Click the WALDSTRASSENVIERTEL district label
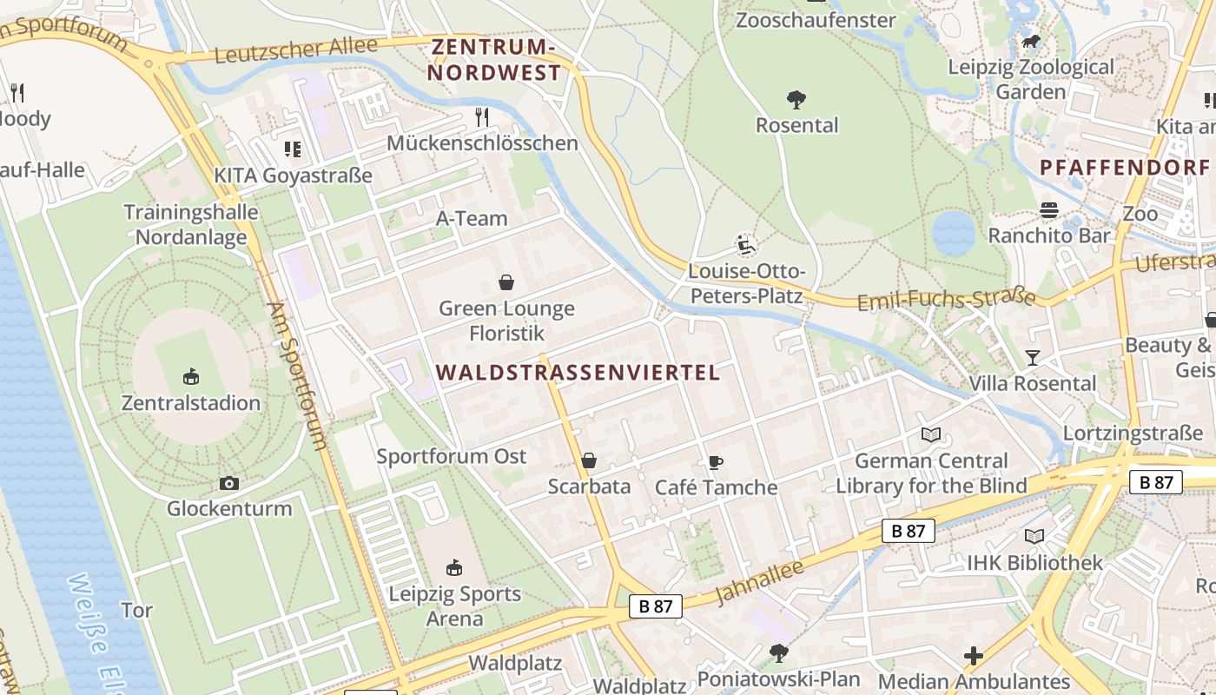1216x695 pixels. point(578,373)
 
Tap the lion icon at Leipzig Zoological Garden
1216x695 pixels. point(1031,42)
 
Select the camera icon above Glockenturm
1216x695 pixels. point(229,484)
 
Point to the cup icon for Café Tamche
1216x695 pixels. point(716,462)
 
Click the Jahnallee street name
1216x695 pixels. point(760,581)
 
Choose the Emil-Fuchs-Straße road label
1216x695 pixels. point(947,300)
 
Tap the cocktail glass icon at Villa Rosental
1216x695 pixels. point(1032,357)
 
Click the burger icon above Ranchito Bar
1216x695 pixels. point(1049,210)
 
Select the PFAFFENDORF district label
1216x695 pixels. point(1125,167)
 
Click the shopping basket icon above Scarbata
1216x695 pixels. point(589,460)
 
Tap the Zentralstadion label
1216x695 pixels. point(191,403)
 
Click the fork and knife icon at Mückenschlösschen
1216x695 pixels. point(482,117)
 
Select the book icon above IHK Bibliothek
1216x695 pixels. point(1034,537)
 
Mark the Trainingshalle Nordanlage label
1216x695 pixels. point(191,224)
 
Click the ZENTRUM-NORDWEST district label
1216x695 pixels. point(494,59)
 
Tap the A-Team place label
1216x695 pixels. point(472,218)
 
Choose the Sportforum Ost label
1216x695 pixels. point(452,456)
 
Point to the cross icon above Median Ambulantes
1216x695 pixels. point(974,656)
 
